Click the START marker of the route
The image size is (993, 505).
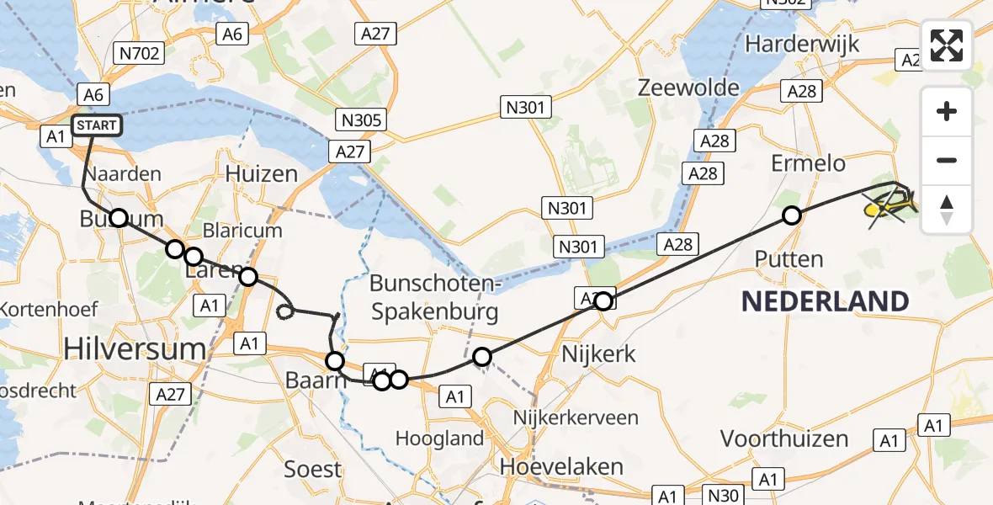click(x=97, y=126)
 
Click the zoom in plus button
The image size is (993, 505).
click(x=947, y=112)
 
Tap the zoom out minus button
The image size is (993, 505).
click(x=947, y=160)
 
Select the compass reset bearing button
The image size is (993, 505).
click(x=947, y=209)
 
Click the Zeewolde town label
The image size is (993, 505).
click(x=688, y=88)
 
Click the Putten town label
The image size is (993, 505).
click(x=789, y=258)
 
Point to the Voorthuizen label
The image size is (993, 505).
click(x=784, y=439)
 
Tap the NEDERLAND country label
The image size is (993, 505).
click(x=825, y=300)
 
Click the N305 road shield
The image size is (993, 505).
click(x=363, y=119)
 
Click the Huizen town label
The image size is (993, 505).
click(x=262, y=174)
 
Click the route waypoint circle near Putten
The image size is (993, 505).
click(x=791, y=216)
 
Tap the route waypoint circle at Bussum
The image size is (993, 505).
click(x=119, y=218)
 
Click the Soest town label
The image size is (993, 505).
click(x=312, y=469)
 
